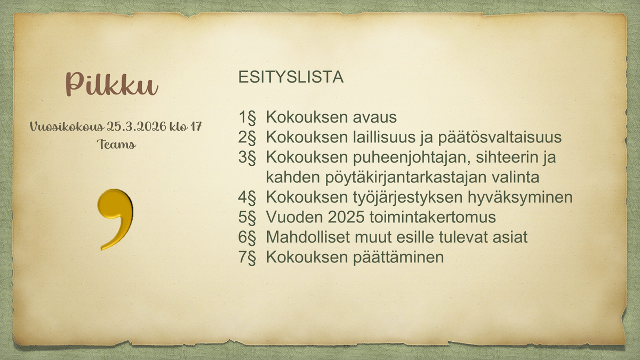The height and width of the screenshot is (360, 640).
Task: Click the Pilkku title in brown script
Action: [x=112, y=84]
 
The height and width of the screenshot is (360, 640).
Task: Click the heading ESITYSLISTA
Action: [x=291, y=77]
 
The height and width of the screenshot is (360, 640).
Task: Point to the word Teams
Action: [x=116, y=145]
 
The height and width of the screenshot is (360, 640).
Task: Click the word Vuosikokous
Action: [x=67, y=126]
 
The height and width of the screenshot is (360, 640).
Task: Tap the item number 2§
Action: [x=247, y=137]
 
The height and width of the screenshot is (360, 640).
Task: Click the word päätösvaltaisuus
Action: [x=500, y=138]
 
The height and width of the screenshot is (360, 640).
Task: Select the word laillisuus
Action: [x=383, y=137]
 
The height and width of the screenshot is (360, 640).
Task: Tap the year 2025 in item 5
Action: [x=346, y=217]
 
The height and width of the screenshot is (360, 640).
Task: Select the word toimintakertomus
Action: [x=433, y=217]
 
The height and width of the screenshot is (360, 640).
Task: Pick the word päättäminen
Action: [x=398, y=258]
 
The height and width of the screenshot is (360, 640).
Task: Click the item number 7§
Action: [x=247, y=257]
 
